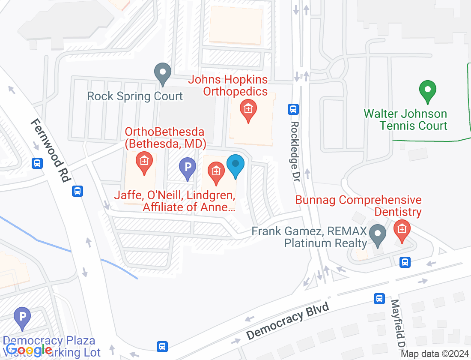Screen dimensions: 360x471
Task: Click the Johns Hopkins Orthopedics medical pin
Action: (x=248, y=110)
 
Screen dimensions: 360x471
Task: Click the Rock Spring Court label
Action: (x=135, y=96)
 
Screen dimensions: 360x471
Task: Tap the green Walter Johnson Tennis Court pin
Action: (x=427, y=91)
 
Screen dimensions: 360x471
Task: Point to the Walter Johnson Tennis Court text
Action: (x=405, y=120)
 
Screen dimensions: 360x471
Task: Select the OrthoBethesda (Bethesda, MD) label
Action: (x=164, y=137)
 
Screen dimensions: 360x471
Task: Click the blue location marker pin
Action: (x=235, y=165)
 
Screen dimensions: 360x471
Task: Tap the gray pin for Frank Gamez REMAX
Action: (x=378, y=235)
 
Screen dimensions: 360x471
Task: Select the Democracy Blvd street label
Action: (x=288, y=321)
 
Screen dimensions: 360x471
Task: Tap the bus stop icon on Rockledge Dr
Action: (x=293, y=109)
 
